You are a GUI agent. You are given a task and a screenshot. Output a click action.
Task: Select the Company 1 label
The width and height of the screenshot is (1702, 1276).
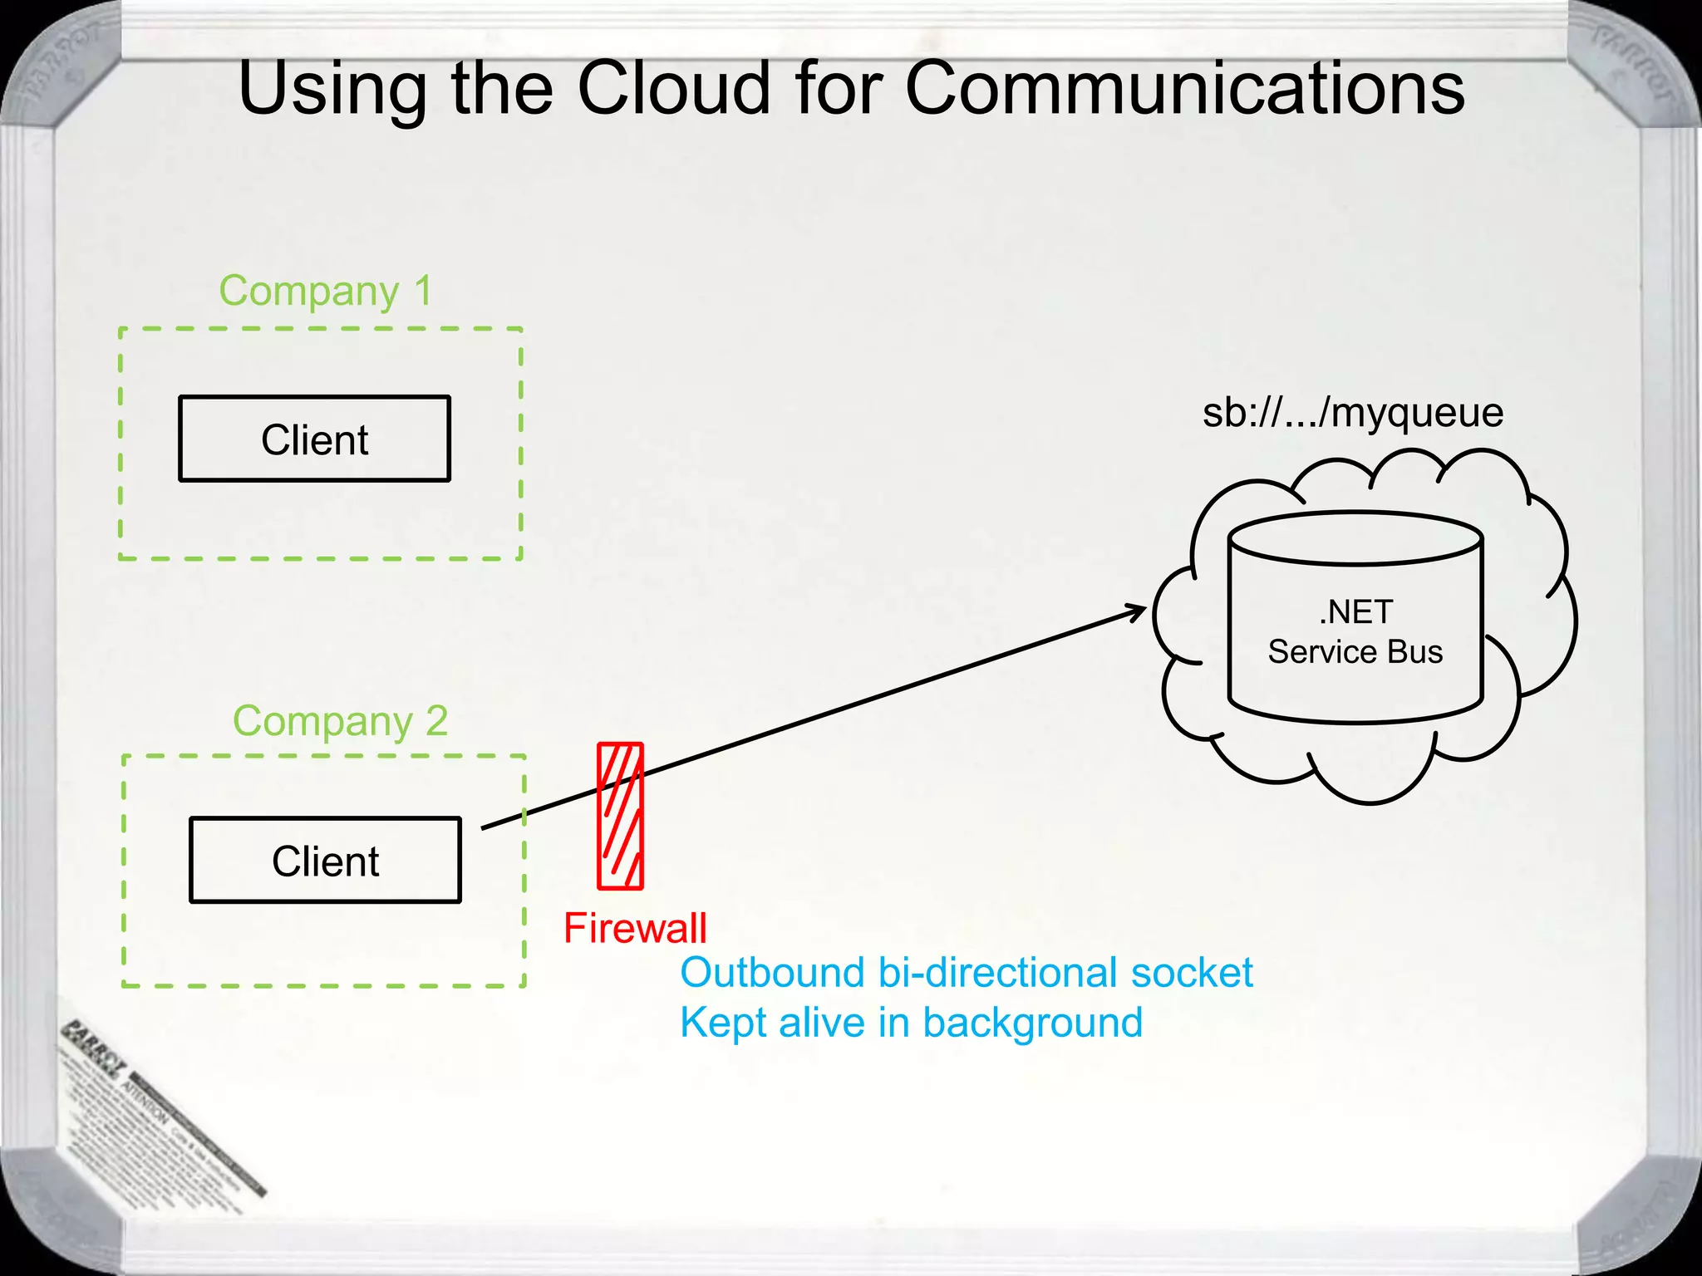click(x=326, y=291)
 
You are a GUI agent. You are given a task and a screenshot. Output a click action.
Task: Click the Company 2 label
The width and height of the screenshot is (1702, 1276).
click(x=340, y=720)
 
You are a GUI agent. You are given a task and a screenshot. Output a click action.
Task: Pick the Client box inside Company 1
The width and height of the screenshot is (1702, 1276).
click(x=314, y=439)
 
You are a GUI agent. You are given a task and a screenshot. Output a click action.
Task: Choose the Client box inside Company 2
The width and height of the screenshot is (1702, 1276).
click(x=325, y=860)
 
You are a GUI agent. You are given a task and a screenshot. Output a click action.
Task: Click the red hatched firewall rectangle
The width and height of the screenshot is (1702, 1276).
click(x=621, y=816)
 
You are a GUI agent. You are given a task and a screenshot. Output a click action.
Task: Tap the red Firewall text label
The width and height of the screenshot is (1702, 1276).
click(x=635, y=928)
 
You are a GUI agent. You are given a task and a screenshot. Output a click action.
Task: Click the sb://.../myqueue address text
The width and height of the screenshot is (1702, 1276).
click(x=1353, y=413)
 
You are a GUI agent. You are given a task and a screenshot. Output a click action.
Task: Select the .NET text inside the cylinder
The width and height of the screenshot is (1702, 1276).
click(x=1355, y=612)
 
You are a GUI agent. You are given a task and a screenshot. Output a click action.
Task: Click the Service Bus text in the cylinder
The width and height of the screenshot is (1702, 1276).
click(x=1355, y=652)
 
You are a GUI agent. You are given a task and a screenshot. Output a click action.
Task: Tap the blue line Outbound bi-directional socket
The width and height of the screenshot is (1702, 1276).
click(x=966, y=973)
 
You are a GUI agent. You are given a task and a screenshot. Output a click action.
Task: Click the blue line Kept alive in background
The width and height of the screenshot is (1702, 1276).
click(x=911, y=1023)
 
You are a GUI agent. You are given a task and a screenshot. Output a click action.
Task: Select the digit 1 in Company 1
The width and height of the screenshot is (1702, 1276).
click(x=423, y=291)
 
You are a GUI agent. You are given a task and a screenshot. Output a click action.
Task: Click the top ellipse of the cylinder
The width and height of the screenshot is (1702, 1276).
click(x=1355, y=538)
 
